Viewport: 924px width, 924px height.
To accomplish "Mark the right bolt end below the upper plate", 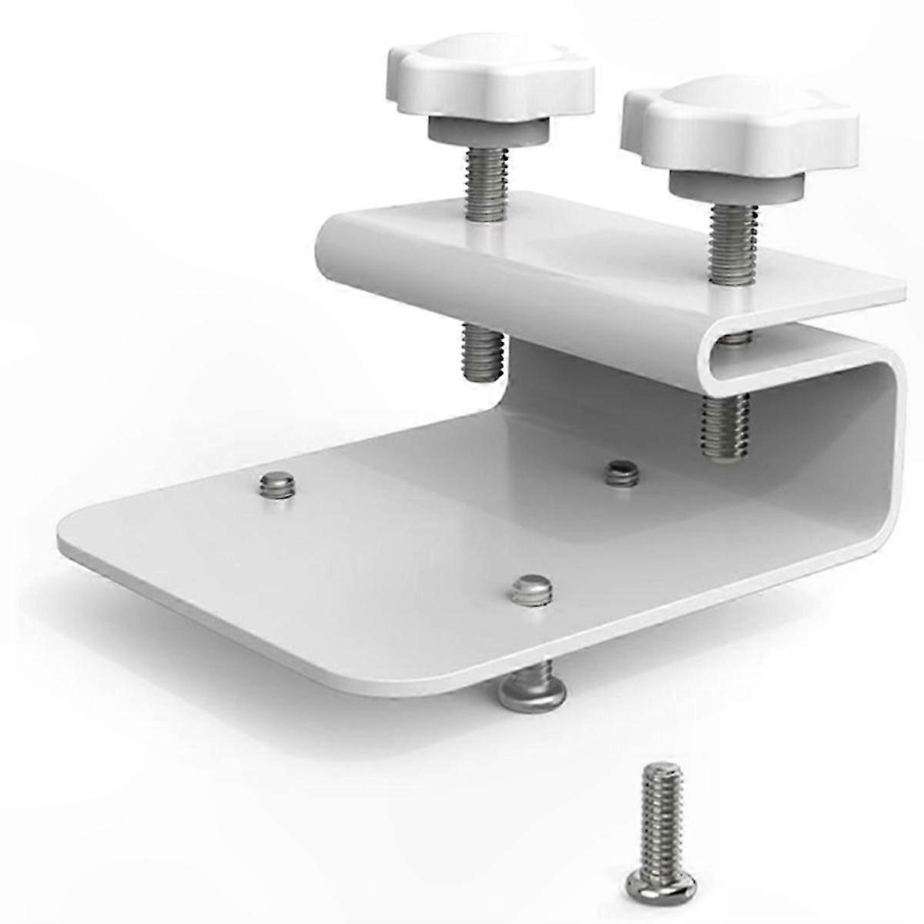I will click(725, 427).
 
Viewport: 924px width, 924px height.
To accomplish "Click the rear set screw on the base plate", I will click(621, 471).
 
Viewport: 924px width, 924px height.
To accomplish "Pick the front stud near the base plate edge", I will click(531, 588).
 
